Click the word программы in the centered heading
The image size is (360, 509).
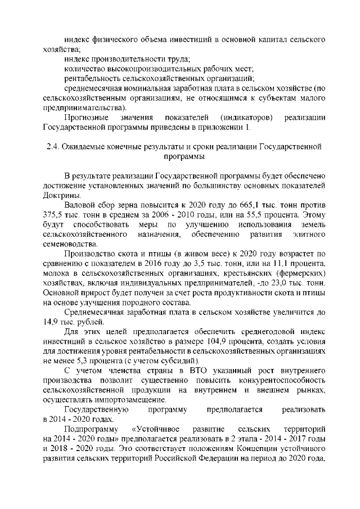(x=183, y=158)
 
